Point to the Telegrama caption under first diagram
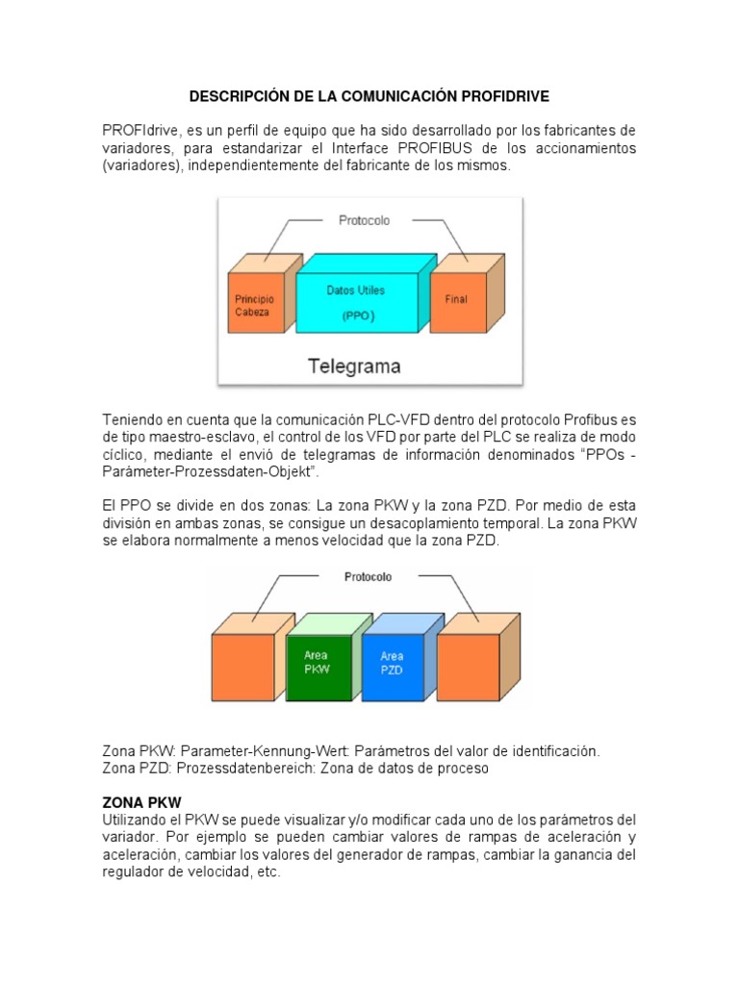coord(354,366)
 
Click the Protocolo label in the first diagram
coord(364,220)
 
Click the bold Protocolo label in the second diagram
coord(367,577)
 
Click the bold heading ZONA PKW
coord(141,801)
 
